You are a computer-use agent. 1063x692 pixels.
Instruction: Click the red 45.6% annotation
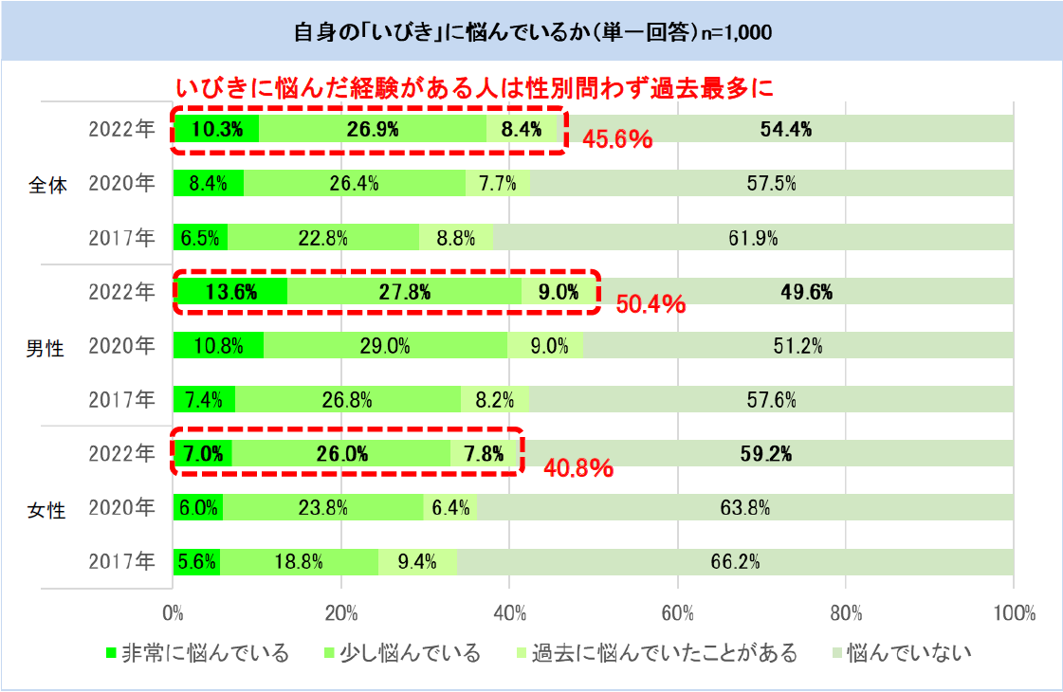click(x=616, y=140)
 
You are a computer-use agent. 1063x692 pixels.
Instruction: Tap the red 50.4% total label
click(x=651, y=304)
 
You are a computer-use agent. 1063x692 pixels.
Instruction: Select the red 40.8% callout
click(x=577, y=467)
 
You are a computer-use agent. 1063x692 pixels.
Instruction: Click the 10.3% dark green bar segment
click(x=215, y=130)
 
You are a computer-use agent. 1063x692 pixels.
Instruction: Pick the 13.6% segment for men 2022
click(x=230, y=293)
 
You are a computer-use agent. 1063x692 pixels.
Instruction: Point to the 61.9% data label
click(x=753, y=238)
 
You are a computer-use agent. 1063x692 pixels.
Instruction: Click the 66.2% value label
click(x=735, y=562)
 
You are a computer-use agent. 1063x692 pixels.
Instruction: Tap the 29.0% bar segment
click(x=385, y=346)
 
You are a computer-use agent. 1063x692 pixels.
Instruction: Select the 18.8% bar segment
click(x=300, y=562)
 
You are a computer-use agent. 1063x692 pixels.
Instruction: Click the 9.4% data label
click(x=417, y=562)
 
